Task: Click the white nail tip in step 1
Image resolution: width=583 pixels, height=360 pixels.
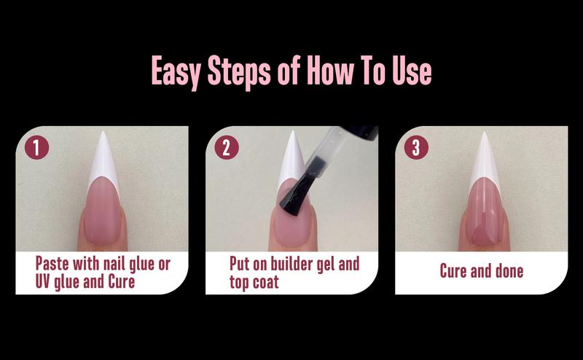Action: click(102, 164)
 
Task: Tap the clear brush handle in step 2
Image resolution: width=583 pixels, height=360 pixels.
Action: click(332, 157)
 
